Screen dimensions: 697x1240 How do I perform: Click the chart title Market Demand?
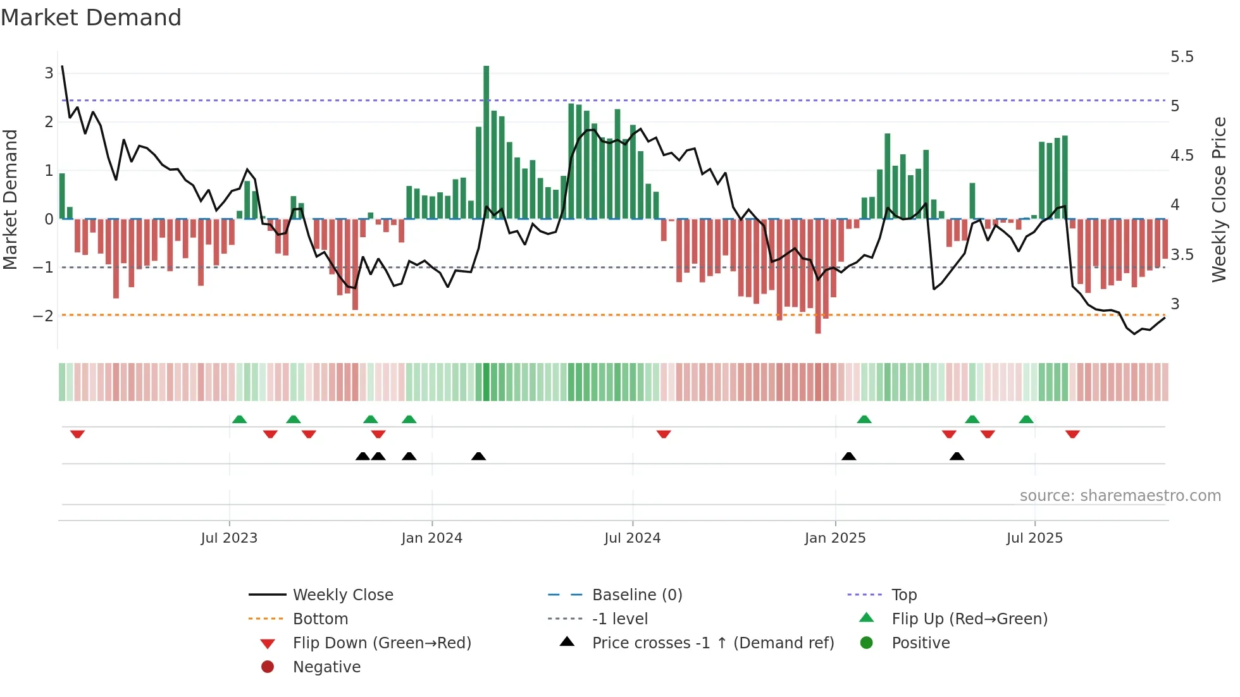pyautogui.click(x=91, y=18)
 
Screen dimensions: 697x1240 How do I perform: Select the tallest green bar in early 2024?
pyautogui.click(x=486, y=142)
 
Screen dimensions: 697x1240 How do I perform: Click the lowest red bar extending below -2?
pyautogui.click(x=818, y=276)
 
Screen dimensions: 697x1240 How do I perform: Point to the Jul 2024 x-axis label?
pyautogui.click(x=632, y=538)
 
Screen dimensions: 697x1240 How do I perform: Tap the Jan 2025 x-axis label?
pyautogui.click(x=835, y=538)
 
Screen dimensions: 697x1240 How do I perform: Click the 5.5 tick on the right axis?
pyautogui.click(x=1182, y=57)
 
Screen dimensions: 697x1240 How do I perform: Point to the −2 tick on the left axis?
pyautogui.click(x=44, y=316)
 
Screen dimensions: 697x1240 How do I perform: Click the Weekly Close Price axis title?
pyautogui.click(x=1219, y=199)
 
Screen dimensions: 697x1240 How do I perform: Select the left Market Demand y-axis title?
pyautogui.click(x=10, y=199)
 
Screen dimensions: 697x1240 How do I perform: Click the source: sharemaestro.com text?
pyautogui.click(x=1120, y=496)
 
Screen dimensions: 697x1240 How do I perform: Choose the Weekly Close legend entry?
pyautogui.click(x=342, y=595)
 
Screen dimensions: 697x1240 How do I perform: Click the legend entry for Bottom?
pyautogui.click(x=320, y=619)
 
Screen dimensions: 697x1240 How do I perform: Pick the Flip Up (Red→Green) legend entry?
pyautogui.click(x=969, y=619)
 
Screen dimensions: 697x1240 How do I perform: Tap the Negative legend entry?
pyautogui.click(x=326, y=667)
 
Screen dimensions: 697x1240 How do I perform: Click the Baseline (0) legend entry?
pyautogui.click(x=636, y=595)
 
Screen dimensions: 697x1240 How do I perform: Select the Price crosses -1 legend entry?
pyautogui.click(x=712, y=643)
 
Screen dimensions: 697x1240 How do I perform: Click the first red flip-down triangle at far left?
pyautogui.click(x=77, y=434)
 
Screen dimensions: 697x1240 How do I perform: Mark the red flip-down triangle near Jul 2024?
pyautogui.click(x=664, y=434)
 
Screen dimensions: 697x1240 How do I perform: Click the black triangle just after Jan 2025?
pyautogui.click(x=849, y=457)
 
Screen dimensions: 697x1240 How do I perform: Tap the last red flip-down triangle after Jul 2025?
pyautogui.click(x=1072, y=434)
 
